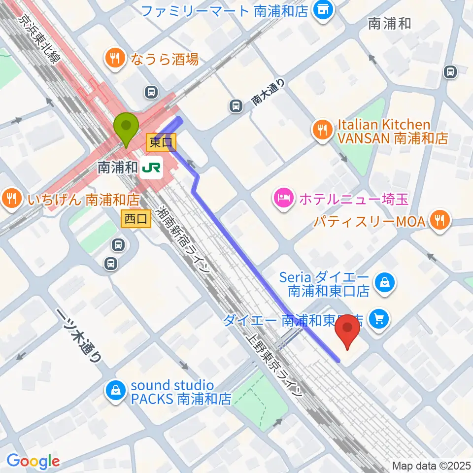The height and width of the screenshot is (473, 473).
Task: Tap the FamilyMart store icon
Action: [x=323, y=11]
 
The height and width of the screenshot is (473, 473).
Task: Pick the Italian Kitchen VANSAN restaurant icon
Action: [x=322, y=130]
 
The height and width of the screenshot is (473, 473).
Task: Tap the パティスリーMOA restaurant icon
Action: [x=439, y=221]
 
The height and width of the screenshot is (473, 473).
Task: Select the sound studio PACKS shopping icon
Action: [x=115, y=391]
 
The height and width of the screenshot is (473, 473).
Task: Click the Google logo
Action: [x=33, y=461]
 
